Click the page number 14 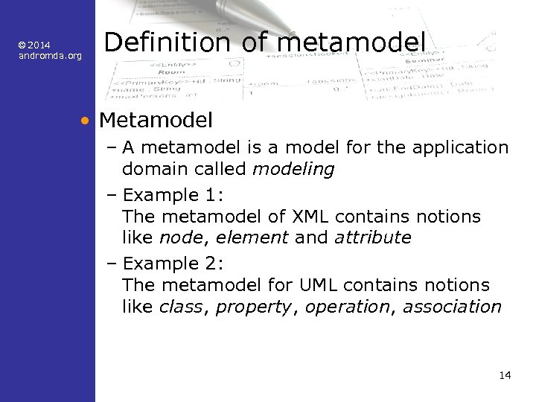pos(505,375)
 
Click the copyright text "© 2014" pos(35,45)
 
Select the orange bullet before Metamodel pos(87,120)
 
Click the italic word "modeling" pos(293,169)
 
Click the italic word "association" pos(452,307)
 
